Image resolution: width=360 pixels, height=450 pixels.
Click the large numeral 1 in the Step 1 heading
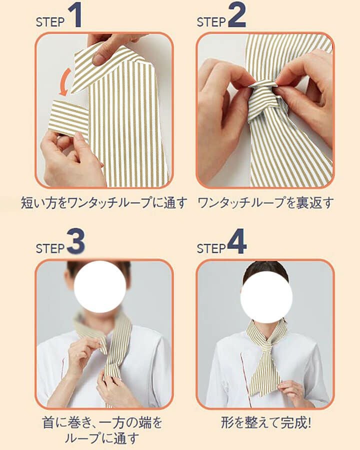[x=74, y=16]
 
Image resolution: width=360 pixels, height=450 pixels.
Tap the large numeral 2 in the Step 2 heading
[x=236, y=16]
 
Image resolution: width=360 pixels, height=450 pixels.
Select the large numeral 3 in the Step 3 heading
[x=75, y=242]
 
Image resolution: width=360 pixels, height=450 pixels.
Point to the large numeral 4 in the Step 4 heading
[x=236, y=242]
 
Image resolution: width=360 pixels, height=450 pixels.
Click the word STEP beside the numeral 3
[x=50, y=248]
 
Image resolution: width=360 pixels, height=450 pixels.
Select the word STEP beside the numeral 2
[x=211, y=22]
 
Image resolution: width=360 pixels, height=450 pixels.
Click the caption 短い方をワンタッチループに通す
[x=104, y=203]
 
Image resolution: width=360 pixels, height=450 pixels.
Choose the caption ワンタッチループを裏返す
[x=265, y=203]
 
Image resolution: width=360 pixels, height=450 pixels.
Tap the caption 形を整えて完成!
[x=265, y=423]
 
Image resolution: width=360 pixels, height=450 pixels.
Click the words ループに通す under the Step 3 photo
[x=104, y=438]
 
